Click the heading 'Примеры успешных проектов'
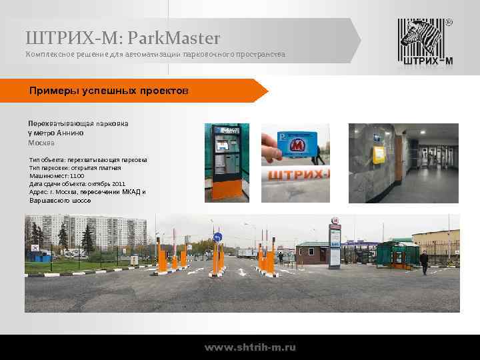click(x=109, y=90)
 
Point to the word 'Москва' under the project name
click(x=41, y=143)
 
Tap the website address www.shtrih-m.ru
click(x=250, y=347)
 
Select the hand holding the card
click(x=272, y=148)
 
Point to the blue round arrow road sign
click(x=217, y=238)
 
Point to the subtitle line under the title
click(x=155, y=53)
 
